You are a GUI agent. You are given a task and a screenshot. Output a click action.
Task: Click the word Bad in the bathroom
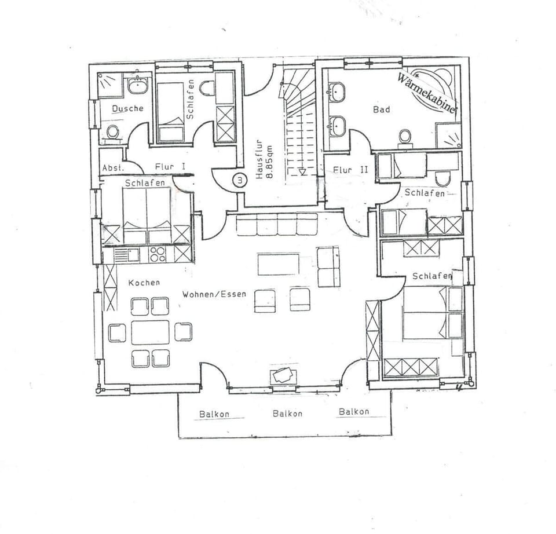[x=382, y=109]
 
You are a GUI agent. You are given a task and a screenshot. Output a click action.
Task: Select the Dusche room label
[x=127, y=108]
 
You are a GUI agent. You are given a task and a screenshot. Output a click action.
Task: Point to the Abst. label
[x=114, y=168]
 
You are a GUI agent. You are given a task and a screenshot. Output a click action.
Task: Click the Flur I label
[x=170, y=167]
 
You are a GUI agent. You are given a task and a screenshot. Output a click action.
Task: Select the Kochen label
[x=144, y=282]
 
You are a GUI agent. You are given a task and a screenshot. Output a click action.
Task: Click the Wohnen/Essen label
[x=214, y=294]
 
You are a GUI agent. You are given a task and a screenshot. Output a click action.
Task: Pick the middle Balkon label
[x=287, y=414]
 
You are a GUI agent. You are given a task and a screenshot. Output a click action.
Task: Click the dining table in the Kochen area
[x=150, y=332]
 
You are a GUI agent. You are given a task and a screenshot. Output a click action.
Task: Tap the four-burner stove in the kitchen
[x=158, y=254]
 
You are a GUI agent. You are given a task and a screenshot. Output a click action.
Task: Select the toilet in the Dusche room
[x=113, y=133]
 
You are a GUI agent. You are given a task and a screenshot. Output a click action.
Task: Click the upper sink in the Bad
[x=336, y=92]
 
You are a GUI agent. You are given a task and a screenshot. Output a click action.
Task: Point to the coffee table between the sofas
[x=279, y=264]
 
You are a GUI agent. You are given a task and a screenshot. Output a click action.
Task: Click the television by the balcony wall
[x=283, y=375]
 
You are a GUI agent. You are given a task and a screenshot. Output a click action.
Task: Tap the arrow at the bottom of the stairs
[x=302, y=172]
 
